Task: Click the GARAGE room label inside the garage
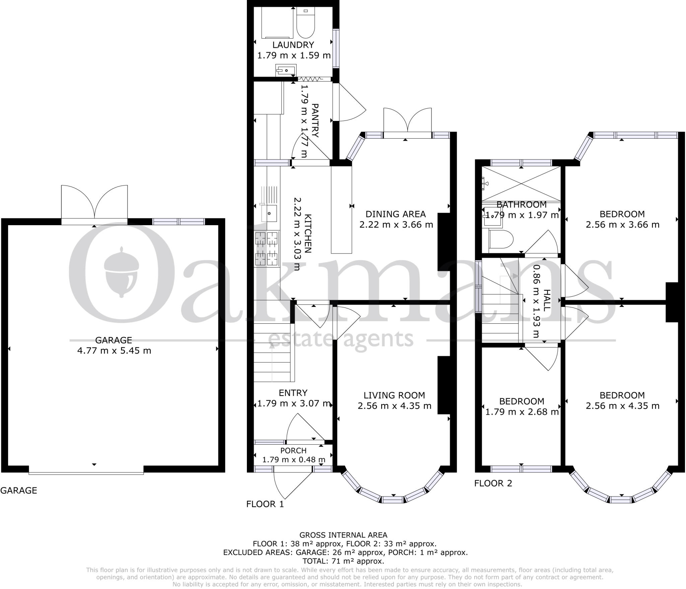point(114,340)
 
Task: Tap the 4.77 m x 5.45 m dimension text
point(114,351)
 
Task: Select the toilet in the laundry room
point(305,23)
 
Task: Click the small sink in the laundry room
point(286,70)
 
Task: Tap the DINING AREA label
point(396,214)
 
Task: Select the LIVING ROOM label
point(394,395)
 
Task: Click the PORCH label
point(293,451)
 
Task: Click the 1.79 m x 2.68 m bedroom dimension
point(522,412)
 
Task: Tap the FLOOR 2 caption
point(493,483)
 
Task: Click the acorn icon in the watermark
point(121,272)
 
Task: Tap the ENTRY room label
point(293,393)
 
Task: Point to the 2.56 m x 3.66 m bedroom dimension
point(622,224)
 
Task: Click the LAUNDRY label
point(293,45)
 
